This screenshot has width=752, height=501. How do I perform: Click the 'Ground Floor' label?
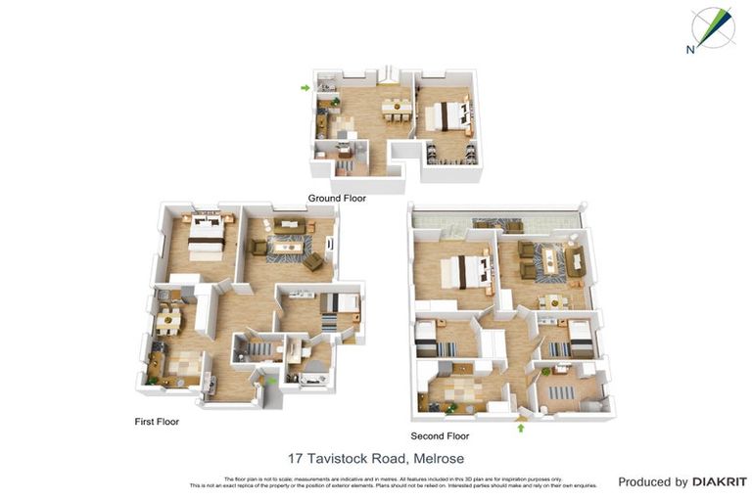pyautogui.click(x=337, y=198)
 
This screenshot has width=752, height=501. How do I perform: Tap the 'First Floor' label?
pyautogui.click(x=157, y=422)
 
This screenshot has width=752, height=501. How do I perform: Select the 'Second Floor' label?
pyautogui.click(x=441, y=435)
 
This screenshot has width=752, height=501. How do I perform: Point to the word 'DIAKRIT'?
pyautogui.click(x=720, y=481)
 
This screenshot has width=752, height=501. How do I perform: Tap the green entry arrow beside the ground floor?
pyautogui.click(x=305, y=88)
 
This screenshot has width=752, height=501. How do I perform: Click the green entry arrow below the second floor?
pyautogui.click(x=521, y=427)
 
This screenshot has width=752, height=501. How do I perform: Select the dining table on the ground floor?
pyautogui.click(x=396, y=108)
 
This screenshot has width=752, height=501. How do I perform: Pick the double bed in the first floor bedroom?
pyautogui.click(x=207, y=235)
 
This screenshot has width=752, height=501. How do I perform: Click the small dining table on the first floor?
pyautogui.click(x=168, y=320)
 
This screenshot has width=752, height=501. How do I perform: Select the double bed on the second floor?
pyautogui.click(x=464, y=271)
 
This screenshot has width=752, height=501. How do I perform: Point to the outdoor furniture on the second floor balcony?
pyautogui.click(x=497, y=224)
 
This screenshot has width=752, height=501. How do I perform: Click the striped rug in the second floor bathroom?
pyautogui.click(x=567, y=392)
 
